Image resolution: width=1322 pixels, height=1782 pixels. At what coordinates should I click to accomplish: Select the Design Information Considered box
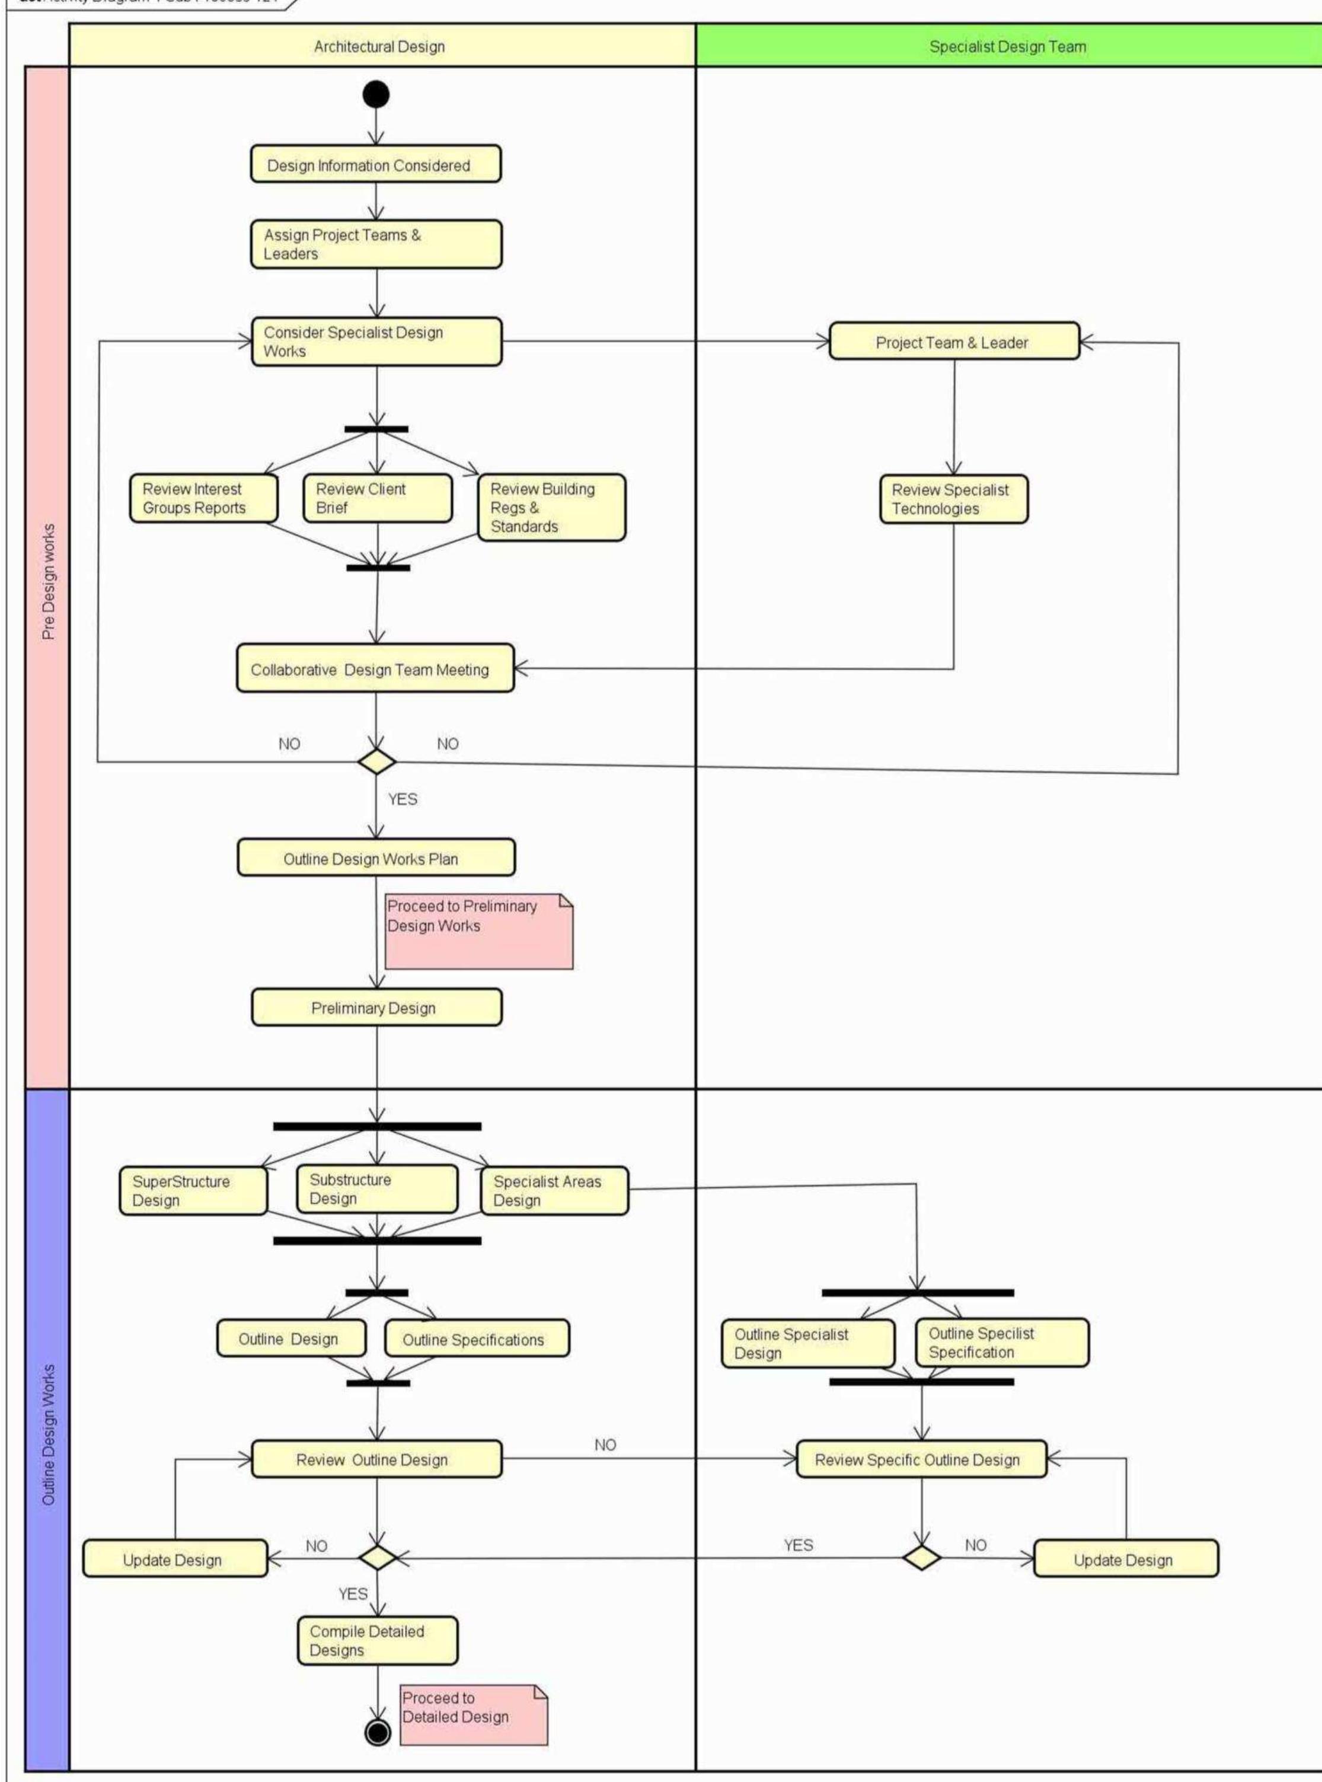(x=376, y=165)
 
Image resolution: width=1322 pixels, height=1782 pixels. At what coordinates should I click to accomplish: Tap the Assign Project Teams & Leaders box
(x=376, y=244)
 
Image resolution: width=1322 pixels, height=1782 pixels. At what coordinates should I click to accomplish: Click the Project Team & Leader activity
(x=954, y=342)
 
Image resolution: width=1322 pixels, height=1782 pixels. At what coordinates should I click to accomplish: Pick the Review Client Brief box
(x=377, y=498)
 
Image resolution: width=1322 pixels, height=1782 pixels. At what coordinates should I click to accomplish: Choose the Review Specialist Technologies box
(x=953, y=499)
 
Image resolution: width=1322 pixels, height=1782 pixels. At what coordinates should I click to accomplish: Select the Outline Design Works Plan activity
(x=376, y=858)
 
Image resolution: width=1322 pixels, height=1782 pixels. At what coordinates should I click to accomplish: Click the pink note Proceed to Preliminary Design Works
(x=478, y=930)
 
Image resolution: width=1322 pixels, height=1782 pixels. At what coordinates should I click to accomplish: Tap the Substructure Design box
(x=377, y=1189)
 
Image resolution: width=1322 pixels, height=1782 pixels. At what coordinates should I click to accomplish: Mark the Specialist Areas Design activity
(x=554, y=1190)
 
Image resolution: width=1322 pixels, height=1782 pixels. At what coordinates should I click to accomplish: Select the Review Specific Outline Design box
(x=921, y=1459)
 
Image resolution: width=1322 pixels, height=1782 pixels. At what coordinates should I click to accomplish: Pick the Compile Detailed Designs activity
(x=378, y=1640)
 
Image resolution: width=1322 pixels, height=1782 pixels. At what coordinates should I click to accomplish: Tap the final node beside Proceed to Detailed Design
(x=377, y=1732)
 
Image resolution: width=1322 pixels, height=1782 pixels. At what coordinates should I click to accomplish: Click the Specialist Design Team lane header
(x=1007, y=46)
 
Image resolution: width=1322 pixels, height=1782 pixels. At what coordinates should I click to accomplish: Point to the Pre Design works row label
(x=48, y=581)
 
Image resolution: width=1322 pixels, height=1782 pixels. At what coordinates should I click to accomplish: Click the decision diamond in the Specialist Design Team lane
(x=922, y=1558)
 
